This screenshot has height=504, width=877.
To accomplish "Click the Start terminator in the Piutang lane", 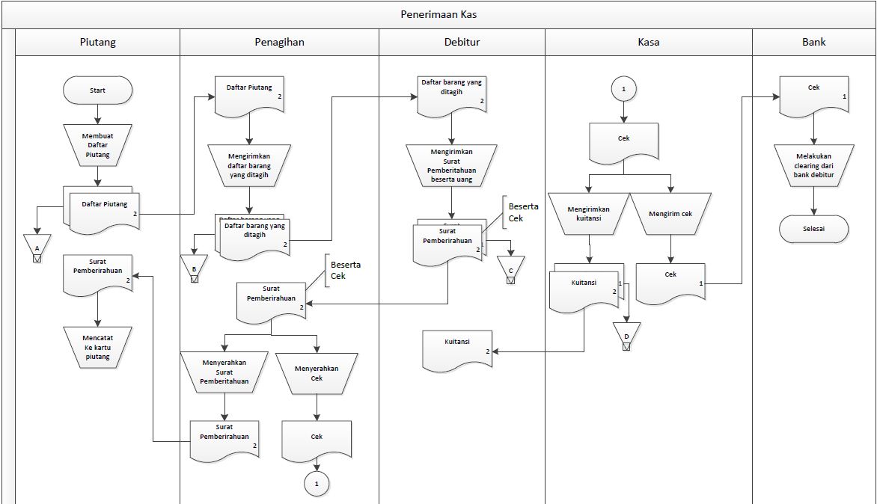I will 97,90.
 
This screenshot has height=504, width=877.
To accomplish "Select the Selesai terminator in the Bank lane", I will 813,229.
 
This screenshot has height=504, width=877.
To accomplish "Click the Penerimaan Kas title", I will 438,14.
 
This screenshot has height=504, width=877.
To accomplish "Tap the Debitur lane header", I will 462,42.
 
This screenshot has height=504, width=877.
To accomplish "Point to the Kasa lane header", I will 648,42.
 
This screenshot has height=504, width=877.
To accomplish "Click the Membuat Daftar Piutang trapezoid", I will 97,145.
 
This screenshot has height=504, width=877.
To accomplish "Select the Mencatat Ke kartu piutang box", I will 97,347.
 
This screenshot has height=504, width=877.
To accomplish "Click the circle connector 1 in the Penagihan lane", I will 317,484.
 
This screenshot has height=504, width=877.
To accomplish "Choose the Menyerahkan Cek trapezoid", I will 317,372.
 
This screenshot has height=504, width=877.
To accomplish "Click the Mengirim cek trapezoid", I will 670,214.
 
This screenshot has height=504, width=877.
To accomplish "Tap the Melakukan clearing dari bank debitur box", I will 813,166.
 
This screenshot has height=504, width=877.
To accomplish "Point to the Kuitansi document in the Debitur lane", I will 457,349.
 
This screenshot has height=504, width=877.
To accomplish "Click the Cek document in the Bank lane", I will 813,94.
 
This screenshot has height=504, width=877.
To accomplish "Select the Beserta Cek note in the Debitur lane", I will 524,212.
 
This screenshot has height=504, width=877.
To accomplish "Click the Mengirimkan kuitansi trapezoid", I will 589,214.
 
